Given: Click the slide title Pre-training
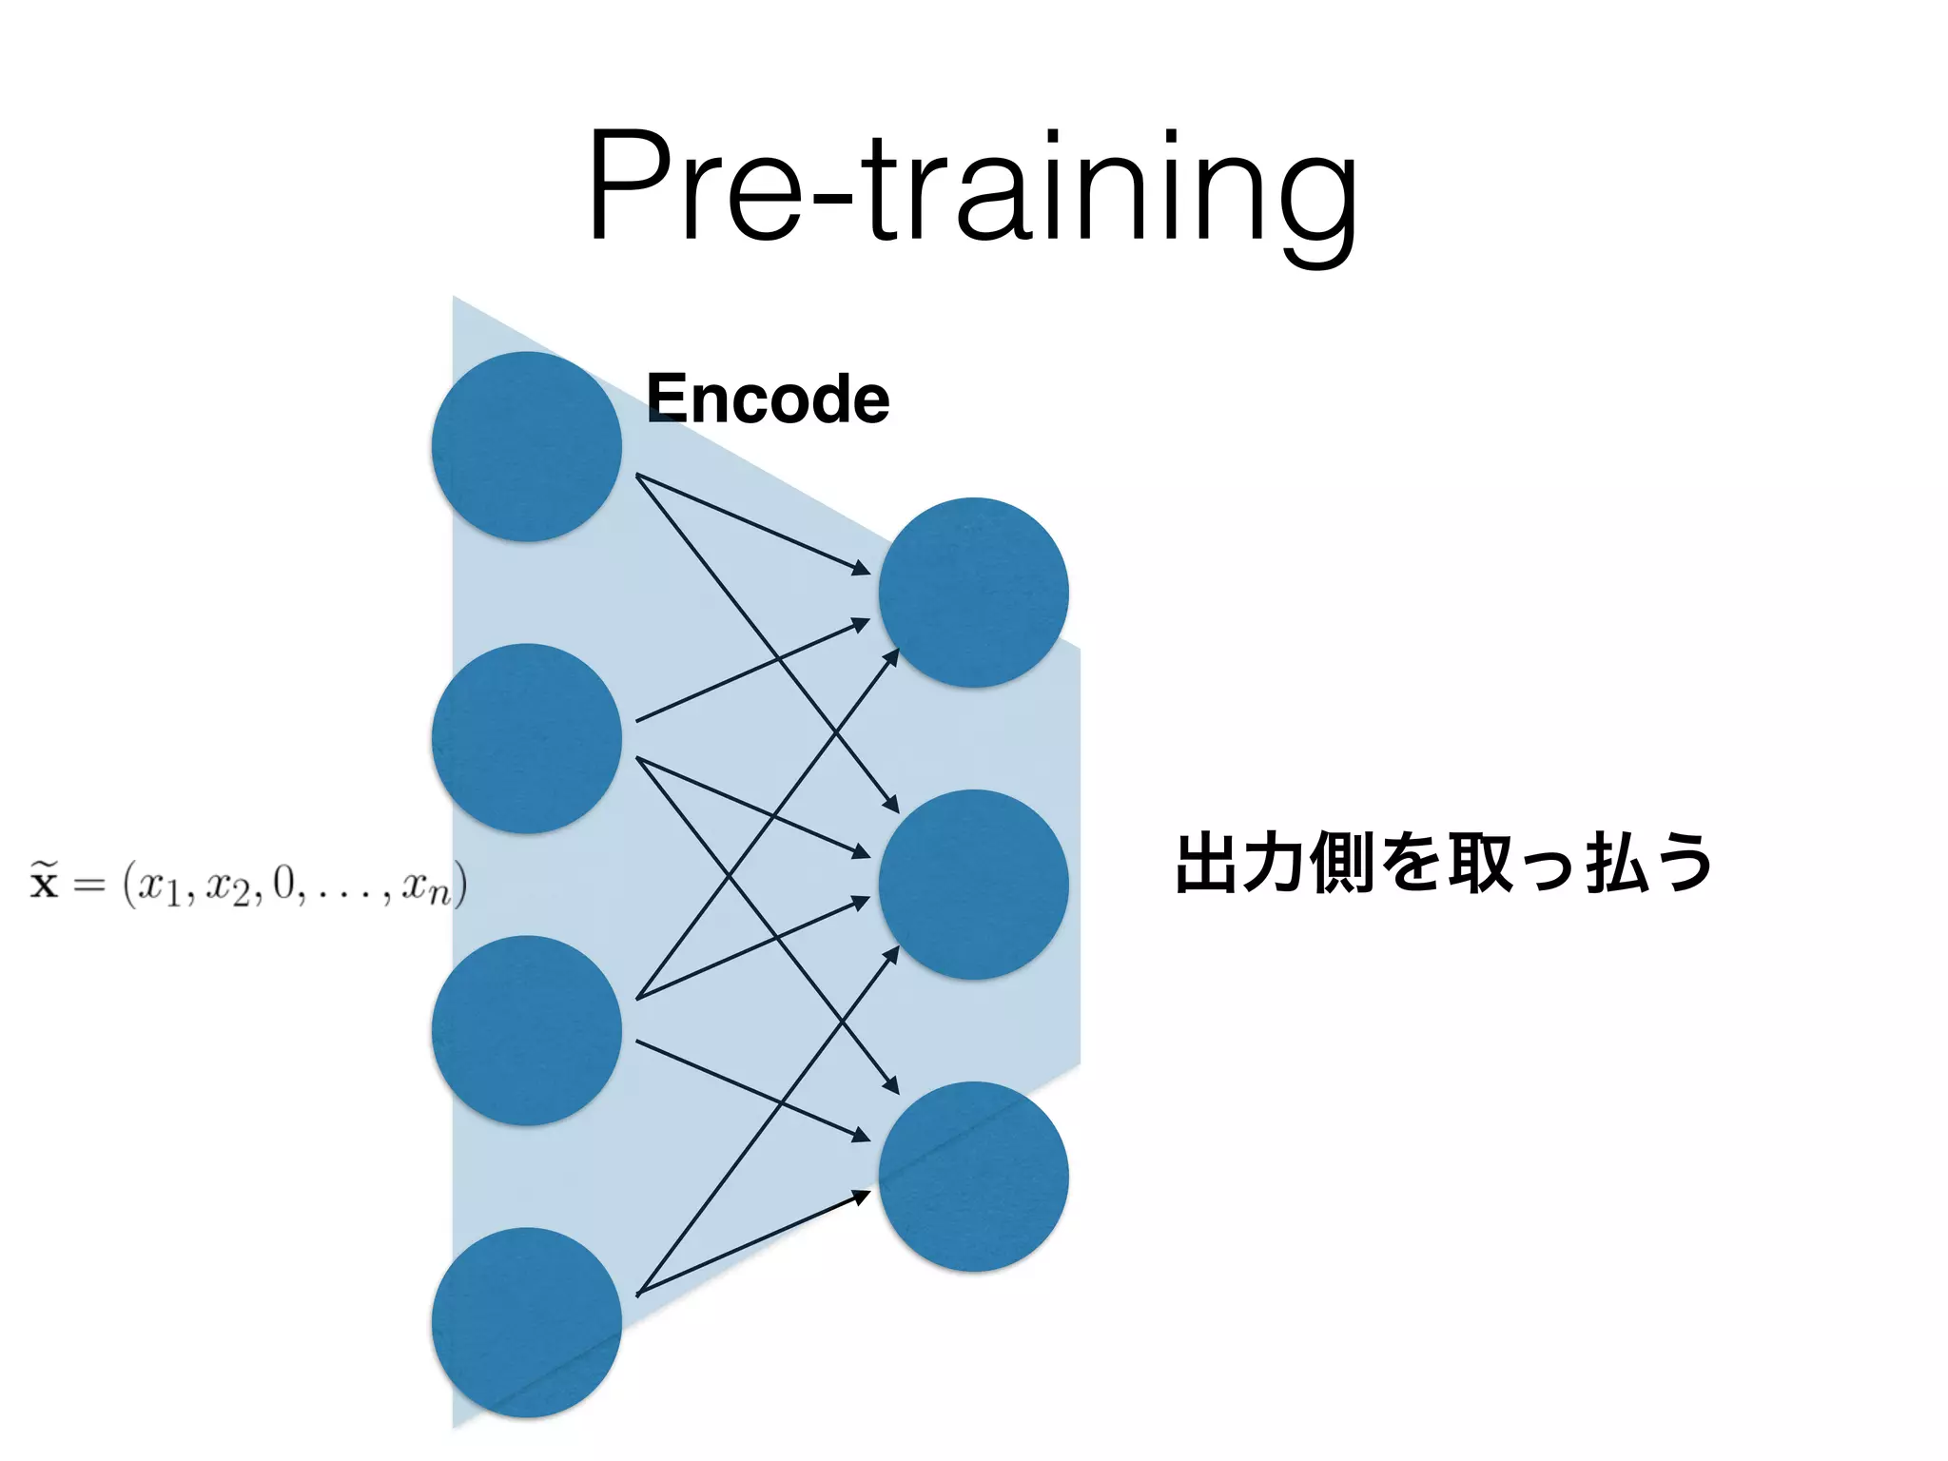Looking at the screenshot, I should [972, 190].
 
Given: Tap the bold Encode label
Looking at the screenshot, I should [767, 399].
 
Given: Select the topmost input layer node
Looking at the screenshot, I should [526, 447].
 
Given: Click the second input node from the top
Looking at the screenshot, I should [526, 739].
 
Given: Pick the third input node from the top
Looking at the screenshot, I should [526, 1030].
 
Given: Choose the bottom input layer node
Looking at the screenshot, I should [526, 1322].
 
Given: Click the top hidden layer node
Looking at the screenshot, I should [973, 593].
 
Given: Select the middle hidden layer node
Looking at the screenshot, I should [973, 885].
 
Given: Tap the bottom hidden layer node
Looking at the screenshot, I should [973, 1177].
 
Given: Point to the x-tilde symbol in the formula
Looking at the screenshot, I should [44, 881].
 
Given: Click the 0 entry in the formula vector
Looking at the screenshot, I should [283, 884].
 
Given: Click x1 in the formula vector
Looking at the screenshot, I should [158, 888].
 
